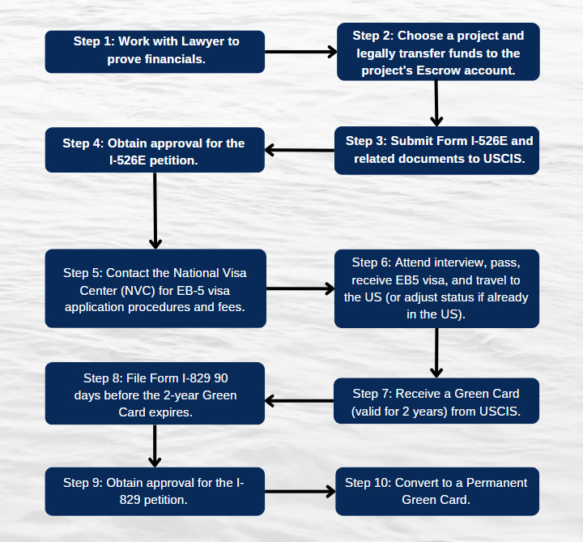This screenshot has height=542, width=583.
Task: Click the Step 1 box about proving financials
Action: tap(155, 52)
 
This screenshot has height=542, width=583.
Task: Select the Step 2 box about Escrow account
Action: tap(438, 52)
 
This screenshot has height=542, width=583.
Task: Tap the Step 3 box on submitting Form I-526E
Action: tap(437, 151)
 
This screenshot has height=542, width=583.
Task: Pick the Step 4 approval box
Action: tap(155, 150)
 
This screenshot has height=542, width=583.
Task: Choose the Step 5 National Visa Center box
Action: tap(155, 288)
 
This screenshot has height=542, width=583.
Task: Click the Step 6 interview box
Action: tap(437, 288)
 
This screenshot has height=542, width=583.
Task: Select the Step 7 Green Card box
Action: tap(436, 401)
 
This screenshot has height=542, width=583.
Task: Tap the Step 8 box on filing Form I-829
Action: tap(155, 394)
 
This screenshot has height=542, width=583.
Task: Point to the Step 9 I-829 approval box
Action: tap(155, 492)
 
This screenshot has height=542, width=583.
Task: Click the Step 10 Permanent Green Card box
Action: tap(437, 492)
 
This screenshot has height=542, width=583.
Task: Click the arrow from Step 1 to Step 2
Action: tap(300, 52)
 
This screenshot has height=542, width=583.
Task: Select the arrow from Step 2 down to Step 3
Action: tap(436, 104)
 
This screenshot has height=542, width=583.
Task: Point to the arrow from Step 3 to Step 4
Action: tap(300, 151)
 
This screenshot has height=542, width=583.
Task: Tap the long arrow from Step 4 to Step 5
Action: tap(155, 211)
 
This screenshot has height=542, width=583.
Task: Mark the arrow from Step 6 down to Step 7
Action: tap(436, 353)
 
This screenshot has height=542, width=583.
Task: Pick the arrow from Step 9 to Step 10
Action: tap(300, 492)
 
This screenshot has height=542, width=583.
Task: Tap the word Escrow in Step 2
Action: tap(438, 70)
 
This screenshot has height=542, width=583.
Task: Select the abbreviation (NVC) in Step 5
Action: tap(138, 291)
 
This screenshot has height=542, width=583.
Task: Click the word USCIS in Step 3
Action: tap(504, 159)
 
